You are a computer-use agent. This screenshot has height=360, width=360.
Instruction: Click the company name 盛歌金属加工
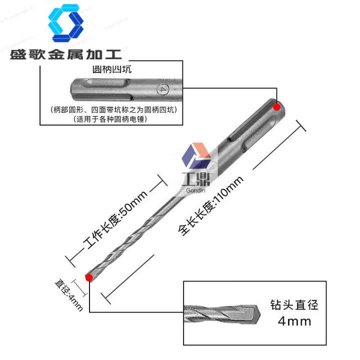tap(65, 54)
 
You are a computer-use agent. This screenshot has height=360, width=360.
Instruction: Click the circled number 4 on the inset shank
tap(161, 90)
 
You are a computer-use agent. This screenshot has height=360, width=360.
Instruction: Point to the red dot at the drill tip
tap(89, 277)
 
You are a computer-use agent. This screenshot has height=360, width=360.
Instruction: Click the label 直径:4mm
tap(68, 295)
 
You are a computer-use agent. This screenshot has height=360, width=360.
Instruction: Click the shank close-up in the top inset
tap(120, 90)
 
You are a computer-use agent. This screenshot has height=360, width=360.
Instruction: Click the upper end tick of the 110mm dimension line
tap(300, 125)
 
